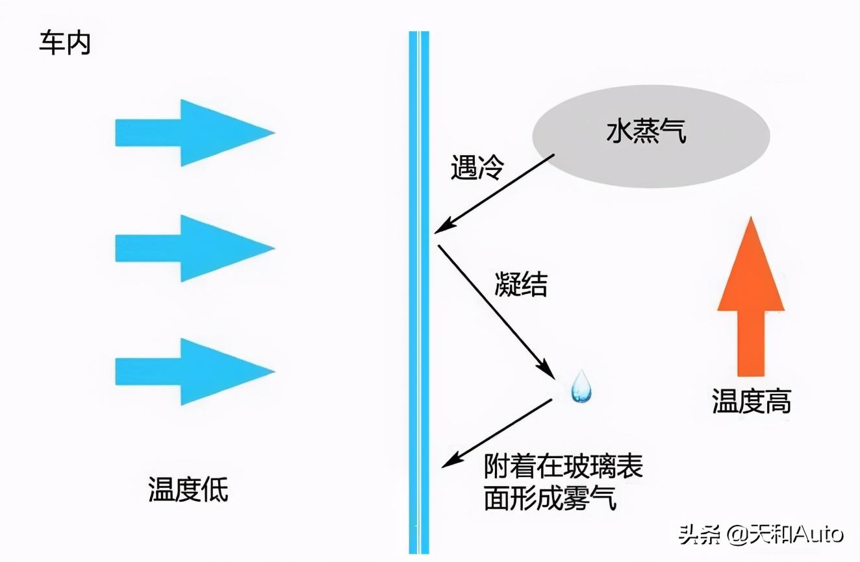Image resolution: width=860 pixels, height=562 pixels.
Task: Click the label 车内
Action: click(x=65, y=44)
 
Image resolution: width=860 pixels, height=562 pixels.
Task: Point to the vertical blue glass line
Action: click(x=418, y=292)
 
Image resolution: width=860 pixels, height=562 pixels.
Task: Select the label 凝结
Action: click(x=521, y=284)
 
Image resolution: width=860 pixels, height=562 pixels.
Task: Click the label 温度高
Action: click(x=752, y=401)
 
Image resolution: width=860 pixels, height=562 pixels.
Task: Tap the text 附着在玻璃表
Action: click(x=563, y=467)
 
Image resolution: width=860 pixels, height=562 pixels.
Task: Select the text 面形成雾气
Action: click(x=550, y=499)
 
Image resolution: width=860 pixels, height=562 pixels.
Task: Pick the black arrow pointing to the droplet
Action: click(x=497, y=312)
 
